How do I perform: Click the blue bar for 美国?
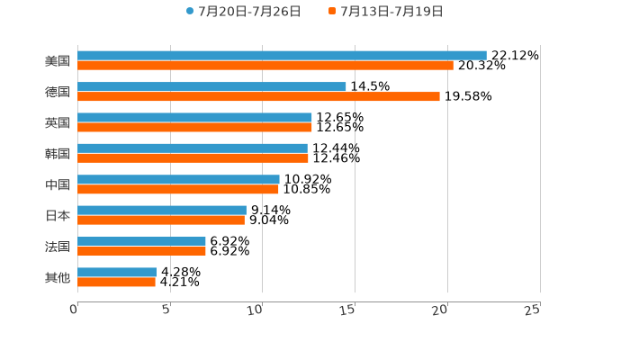point(282,56)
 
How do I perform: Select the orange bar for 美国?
point(265,66)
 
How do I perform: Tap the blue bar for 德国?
point(211,86)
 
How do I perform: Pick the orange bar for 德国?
point(258,96)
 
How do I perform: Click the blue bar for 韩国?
point(193,148)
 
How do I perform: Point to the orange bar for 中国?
point(178,190)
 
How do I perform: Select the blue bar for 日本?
point(162,210)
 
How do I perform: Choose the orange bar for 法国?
point(141,251)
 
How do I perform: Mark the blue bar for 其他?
point(117,272)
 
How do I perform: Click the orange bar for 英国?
point(194,127)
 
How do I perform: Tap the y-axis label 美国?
point(58,61)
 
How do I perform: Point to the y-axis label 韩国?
point(58,154)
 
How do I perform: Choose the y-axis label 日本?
point(58,216)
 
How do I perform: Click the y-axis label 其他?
point(58,277)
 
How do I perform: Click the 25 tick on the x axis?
point(533,310)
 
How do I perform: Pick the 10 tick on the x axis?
point(256,310)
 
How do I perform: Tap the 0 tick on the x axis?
point(74,310)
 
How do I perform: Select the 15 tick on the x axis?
point(348,310)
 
